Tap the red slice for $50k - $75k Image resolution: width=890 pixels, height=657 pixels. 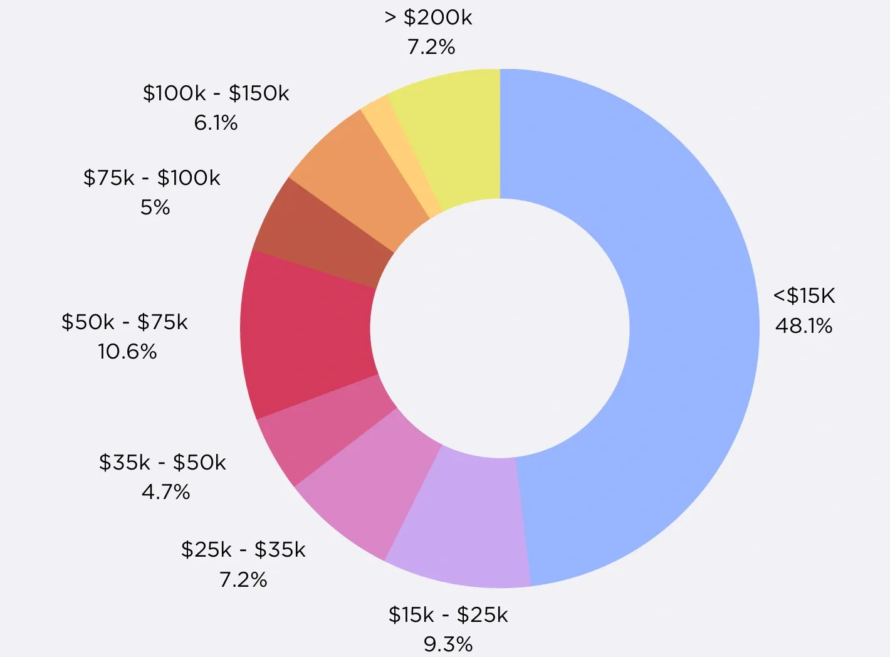point(307,332)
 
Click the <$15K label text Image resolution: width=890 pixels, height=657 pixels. point(804,295)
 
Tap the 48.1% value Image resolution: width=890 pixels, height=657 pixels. point(804,325)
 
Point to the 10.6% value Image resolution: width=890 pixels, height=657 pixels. point(127,351)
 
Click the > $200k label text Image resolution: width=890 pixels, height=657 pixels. point(429,18)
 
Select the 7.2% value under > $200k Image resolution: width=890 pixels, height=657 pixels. point(431,47)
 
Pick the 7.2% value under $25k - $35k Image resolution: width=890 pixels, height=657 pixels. point(243,579)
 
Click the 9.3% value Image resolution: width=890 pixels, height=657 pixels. point(448,644)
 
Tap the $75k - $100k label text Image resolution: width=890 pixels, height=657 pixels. point(152,178)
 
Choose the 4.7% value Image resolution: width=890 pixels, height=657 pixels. point(165,491)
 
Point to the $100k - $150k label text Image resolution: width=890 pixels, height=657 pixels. point(216,93)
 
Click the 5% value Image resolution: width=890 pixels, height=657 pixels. point(155,208)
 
